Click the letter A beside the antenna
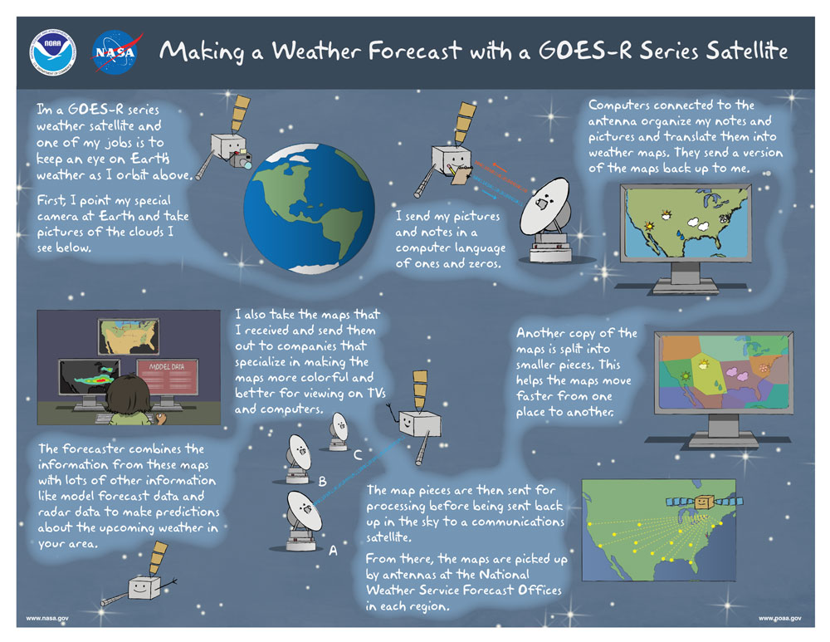pyautogui.click(x=334, y=550)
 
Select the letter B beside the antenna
pyautogui.click(x=323, y=481)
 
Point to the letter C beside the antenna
pyautogui.click(x=358, y=454)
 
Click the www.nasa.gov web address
pyautogui.click(x=47, y=619)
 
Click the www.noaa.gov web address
pyautogui.click(x=779, y=619)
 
